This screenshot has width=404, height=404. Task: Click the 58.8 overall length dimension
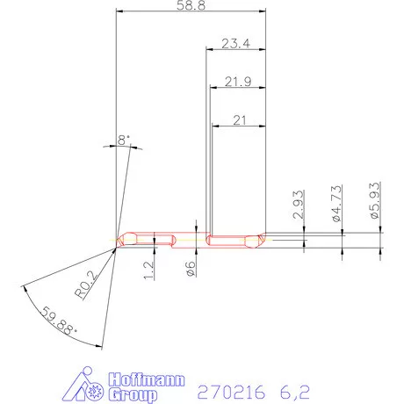coord(191,7)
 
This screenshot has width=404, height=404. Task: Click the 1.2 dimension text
coord(149,269)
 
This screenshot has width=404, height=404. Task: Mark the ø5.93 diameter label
coord(375,201)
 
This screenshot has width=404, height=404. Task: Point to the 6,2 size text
coord(295,388)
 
